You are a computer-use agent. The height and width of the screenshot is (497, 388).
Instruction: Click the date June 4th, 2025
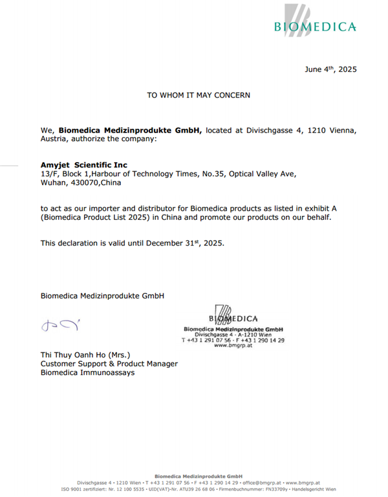[330, 69]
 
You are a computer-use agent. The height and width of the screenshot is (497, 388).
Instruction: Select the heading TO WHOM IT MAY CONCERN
[199, 95]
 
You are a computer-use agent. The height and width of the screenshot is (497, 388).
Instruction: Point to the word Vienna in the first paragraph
[340, 130]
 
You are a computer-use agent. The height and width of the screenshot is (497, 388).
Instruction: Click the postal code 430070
[85, 183]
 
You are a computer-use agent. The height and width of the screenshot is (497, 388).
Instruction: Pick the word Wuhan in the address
[53, 183]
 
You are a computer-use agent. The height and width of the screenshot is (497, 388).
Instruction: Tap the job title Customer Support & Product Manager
[109, 364]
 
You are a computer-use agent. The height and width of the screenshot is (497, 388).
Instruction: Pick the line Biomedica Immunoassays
[88, 373]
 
